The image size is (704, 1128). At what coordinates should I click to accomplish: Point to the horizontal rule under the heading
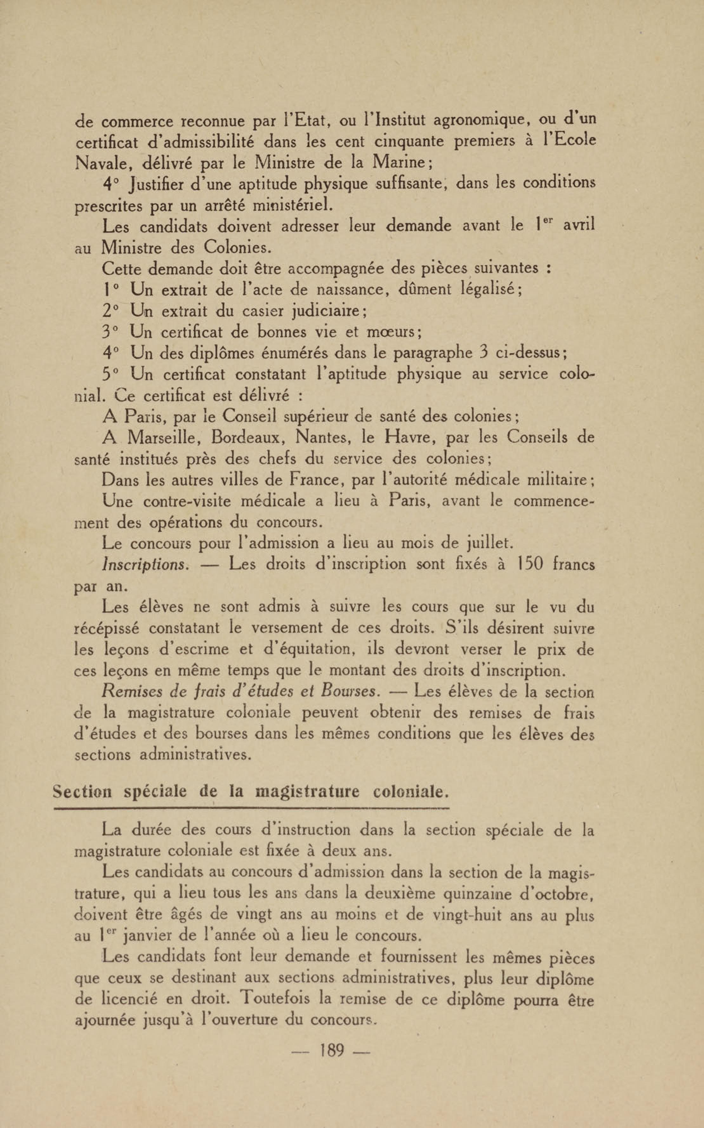pos(251,809)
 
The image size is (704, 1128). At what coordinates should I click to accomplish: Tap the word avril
pos(579,226)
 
